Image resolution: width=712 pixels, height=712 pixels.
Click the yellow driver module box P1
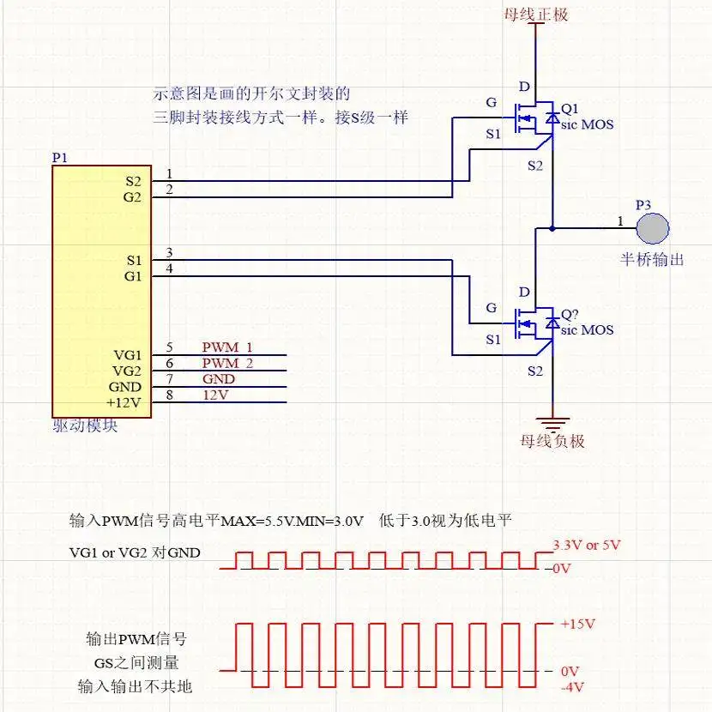point(102,292)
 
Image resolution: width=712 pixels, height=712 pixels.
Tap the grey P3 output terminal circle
point(653,228)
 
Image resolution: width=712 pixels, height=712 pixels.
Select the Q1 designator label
point(570,109)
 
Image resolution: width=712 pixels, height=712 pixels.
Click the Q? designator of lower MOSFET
point(570,315)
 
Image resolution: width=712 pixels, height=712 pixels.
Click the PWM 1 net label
point(227,347)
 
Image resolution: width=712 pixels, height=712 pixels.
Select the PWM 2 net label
point(227,363)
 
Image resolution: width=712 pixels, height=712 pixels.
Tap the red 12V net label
point(215,395)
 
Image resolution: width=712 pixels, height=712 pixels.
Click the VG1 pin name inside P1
point(128,355)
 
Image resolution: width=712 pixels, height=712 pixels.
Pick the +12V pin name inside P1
point(124,403)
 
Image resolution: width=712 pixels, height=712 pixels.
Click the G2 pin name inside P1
point(132,197)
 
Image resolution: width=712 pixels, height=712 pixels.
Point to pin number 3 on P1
point(169,252)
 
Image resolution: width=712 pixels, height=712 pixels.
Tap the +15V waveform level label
point(577,624)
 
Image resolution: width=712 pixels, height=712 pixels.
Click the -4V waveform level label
point(572,687)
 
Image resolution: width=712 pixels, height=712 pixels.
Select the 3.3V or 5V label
point(587,545)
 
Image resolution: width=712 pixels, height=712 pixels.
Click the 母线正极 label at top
point(536,15)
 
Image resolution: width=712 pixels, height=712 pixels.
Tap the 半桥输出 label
point(652,260)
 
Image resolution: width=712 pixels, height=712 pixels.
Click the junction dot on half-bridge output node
point(552,228)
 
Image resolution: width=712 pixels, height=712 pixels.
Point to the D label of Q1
point(524,87)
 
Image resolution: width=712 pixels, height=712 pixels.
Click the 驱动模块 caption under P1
point(86,426)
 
